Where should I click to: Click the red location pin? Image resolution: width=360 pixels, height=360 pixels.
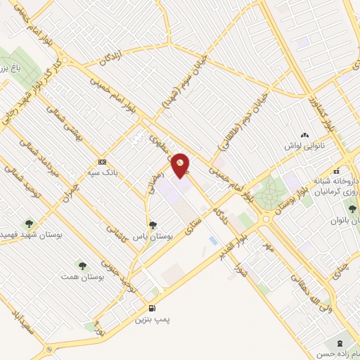[181, 165]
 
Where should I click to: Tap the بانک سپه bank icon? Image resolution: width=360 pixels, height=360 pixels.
[103, 160]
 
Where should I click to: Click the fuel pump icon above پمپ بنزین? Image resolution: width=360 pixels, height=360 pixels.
[152, 309]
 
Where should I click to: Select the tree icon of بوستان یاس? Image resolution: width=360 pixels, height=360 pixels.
[153, 225]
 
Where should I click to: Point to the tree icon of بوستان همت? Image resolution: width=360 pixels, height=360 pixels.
[82, 266]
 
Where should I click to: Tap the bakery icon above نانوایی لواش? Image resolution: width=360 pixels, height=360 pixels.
[304, 136]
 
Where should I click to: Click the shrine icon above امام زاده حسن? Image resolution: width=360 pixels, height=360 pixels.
[341, 343]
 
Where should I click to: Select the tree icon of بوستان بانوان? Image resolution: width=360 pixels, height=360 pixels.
[352, 207]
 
